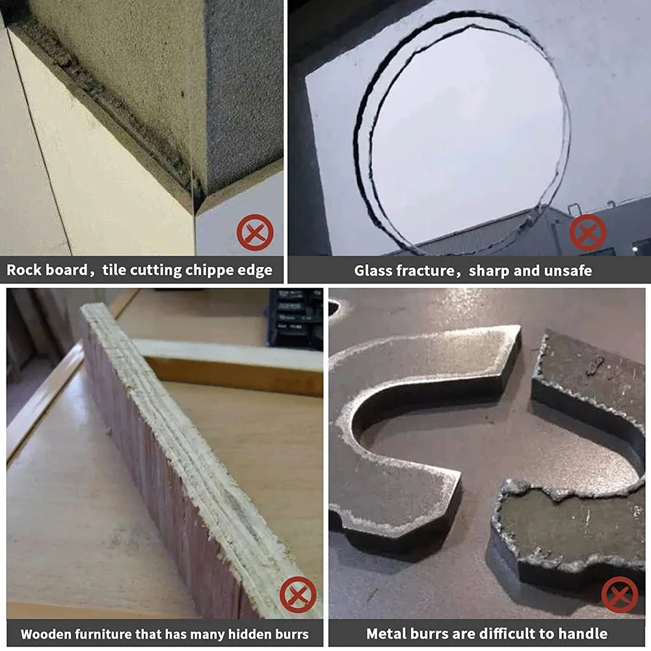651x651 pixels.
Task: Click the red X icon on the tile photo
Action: pyautogui.click(x=255, y=232)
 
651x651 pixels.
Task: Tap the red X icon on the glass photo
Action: pyautogui.click(x=587, y=233)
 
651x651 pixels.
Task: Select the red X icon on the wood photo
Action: pyautogui.click(x=298, y=594)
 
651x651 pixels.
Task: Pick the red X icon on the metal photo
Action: pyautogui.click(x=619, y=594)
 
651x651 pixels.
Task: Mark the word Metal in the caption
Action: pyautogui.click(x=386, y=633)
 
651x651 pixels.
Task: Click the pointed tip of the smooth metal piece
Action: pyautogui.click(x=521, y=326)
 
